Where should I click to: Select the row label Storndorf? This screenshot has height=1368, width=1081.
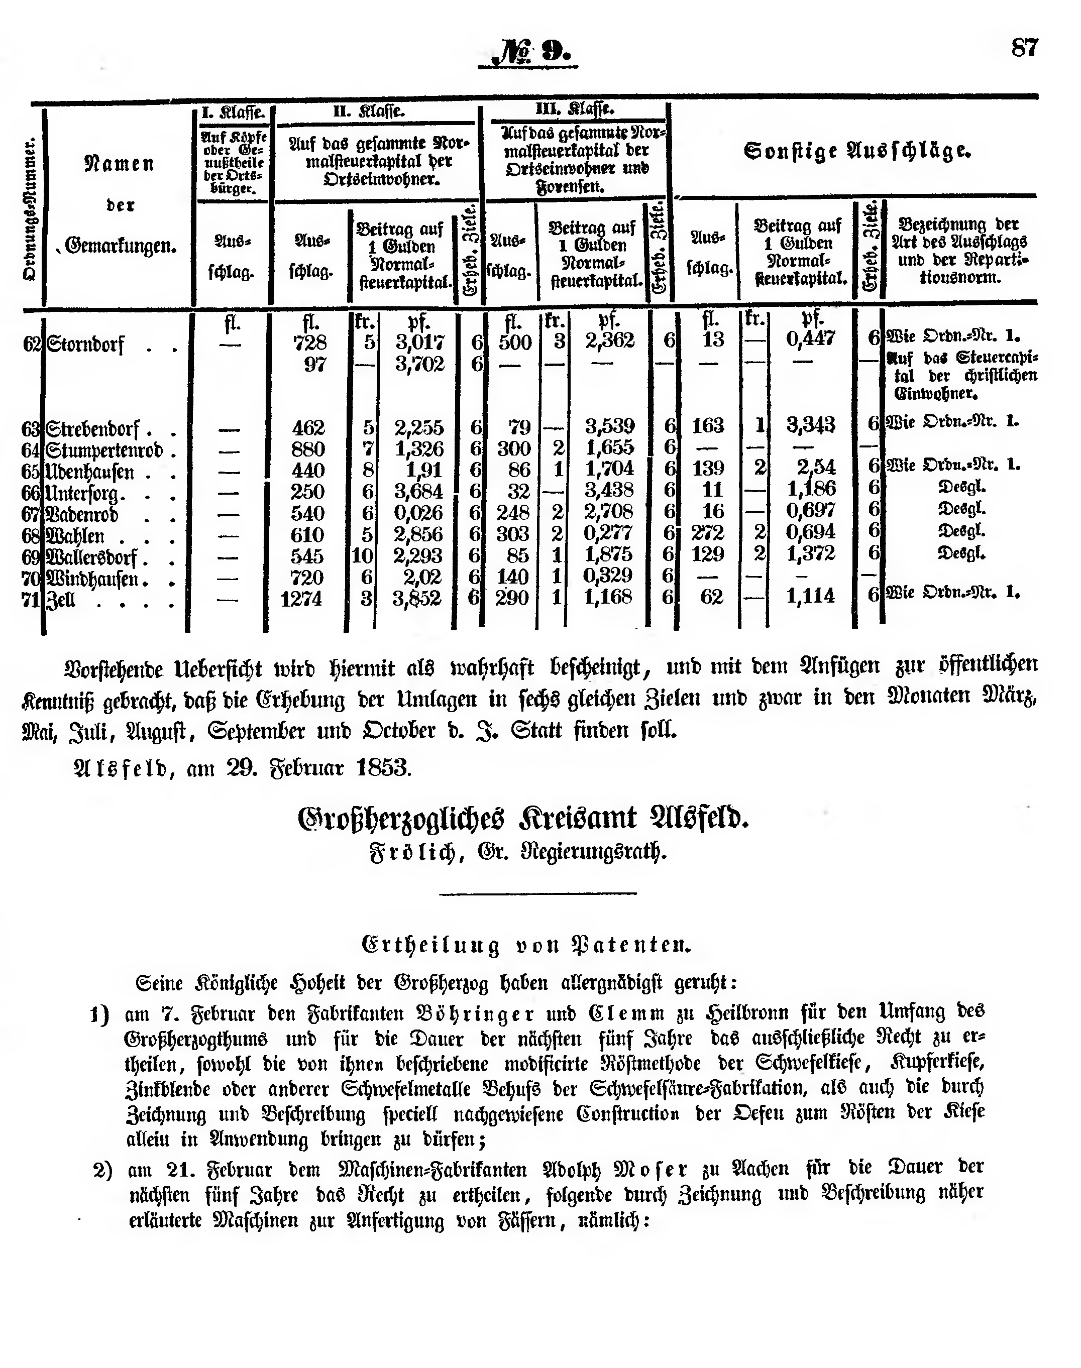85,346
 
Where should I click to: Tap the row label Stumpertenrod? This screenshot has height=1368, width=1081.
104,451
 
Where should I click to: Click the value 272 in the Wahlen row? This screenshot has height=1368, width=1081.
708,533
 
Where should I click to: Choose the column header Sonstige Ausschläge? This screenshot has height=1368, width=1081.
857,151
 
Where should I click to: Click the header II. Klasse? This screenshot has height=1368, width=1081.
369,112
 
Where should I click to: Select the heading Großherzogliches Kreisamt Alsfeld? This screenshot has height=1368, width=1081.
523,819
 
